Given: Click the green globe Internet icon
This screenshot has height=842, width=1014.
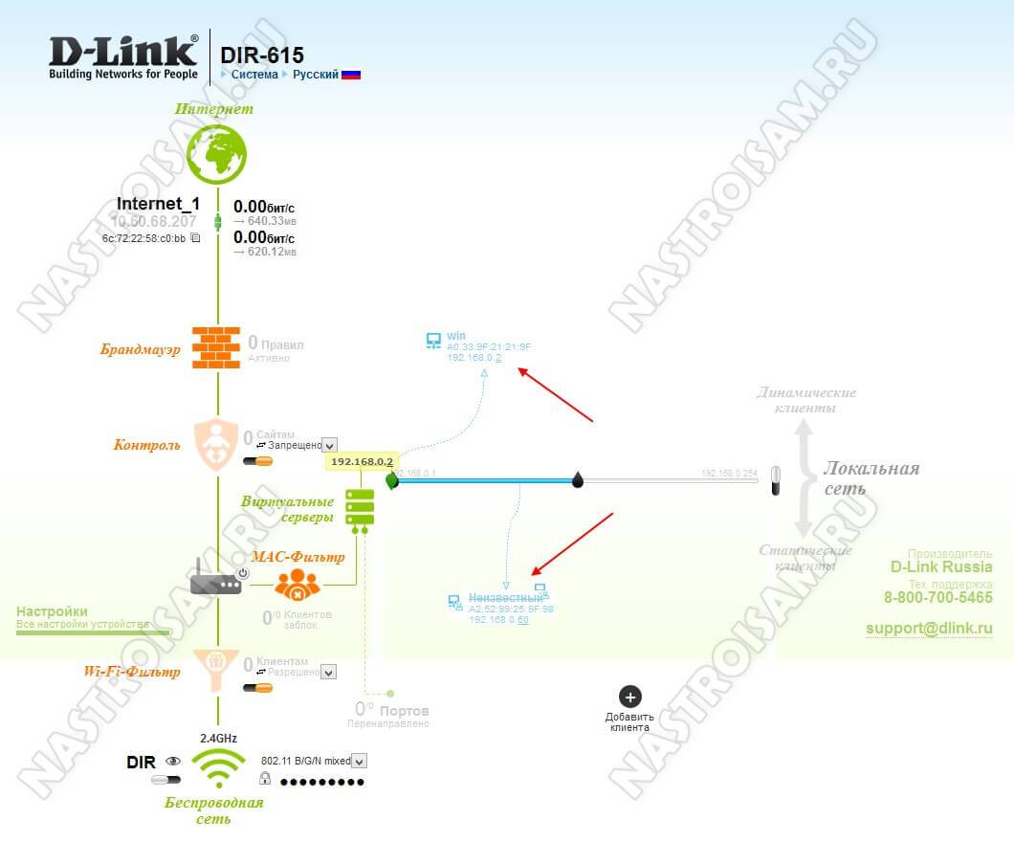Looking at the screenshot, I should pyautogui.click(x=216, y=153).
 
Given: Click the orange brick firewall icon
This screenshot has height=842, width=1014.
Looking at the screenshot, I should pyautogui.click(x=216, y=347).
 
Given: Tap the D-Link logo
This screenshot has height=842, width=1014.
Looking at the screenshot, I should pyautogui.click(x=124, y=57).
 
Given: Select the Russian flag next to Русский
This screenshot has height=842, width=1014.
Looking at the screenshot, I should pyautogui.click(x=351, y=75).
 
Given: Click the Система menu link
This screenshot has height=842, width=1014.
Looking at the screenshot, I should pyautogui.click(x=254, y=75).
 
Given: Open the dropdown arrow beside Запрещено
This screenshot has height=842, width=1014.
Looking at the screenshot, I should pyautogui.click(x=329, y=445).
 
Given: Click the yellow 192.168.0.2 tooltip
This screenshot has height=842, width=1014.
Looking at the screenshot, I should pyautogui.click(x=362, y=461).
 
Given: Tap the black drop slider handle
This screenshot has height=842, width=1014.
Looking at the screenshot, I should pyautogui.click(x=578, y=479).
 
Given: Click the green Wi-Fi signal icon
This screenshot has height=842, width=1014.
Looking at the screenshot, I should pyautogui.click(x=218, y=766).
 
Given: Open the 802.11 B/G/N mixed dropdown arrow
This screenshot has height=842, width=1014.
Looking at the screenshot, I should pyautogui.click(x=360, y=761).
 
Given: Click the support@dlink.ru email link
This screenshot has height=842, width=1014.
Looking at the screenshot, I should pyautogui.click(x=929, y=629).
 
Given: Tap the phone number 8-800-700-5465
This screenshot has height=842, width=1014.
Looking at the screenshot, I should pyautogui.click(x=937, y=598).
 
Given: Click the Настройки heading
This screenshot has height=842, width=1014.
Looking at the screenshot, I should pyautogui.click(x=52, y=611).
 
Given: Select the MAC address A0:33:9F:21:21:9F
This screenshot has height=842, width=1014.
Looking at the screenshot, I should pyautogui.click(x=488, y=347).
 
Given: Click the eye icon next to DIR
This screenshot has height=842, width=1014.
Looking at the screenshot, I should pyautogui.click(x=173, y=762).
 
